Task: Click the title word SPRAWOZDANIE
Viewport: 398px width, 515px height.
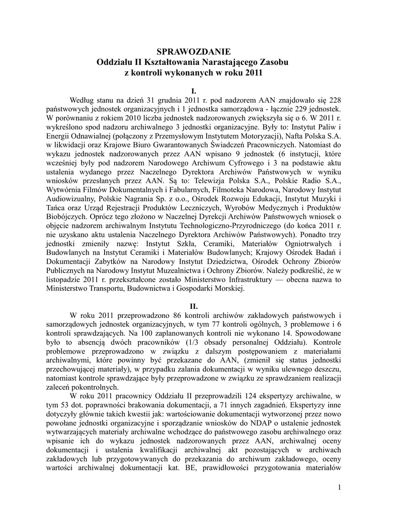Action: pyautogui.click(x=193, y=51)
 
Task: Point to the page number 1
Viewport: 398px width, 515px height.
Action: pyautogui.click(x=340, y=487)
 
